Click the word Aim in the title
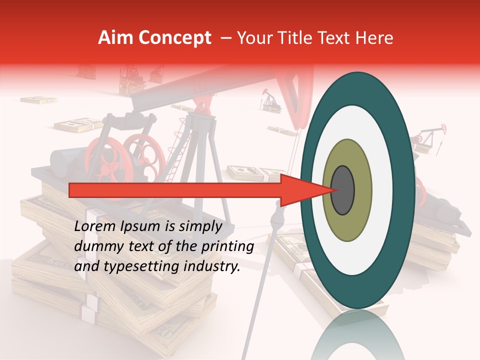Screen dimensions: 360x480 tap(115, 38)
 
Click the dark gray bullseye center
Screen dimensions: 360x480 tap(343, 190)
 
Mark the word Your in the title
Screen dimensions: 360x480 tap(254, 38)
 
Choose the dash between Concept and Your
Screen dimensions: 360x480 tap(225, 38)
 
